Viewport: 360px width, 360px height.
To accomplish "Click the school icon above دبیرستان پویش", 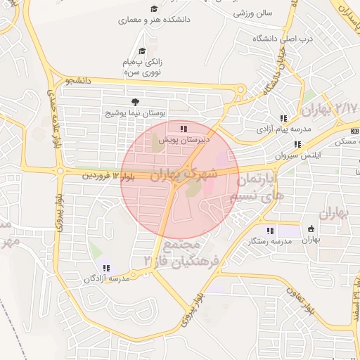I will point(184,129).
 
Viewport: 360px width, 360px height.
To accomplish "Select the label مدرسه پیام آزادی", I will point(283,129).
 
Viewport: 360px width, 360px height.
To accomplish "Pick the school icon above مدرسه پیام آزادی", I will point(283,119).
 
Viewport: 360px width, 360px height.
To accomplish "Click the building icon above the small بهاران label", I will point(311,228).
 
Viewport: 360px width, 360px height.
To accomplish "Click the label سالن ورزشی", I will point(253,13).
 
